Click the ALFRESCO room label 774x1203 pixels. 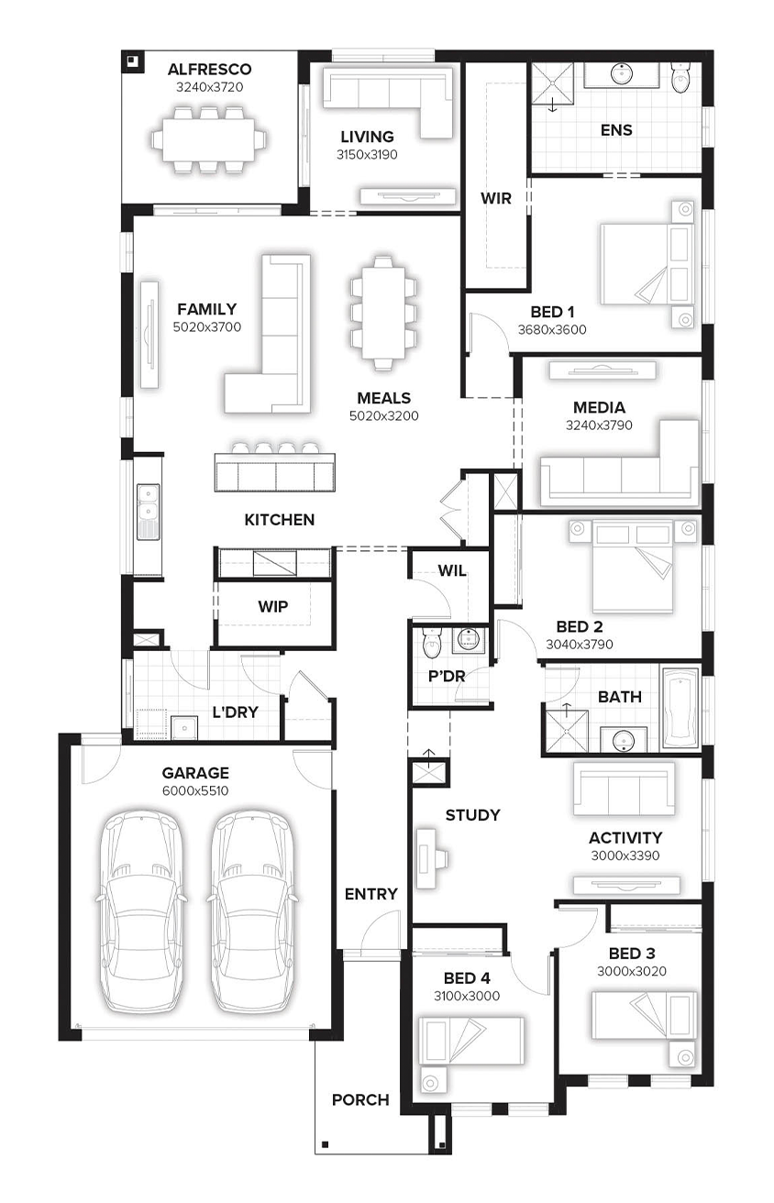point(209,70)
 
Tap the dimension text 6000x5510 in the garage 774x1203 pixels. point(195,790)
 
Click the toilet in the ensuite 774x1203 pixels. point(680,78)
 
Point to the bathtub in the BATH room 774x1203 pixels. point(680,709)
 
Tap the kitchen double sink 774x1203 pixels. point(149,512)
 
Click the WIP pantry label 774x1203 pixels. point(273,607)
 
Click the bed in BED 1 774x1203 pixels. point(647,264)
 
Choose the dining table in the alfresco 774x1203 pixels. point(209,139)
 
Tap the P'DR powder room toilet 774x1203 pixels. point(431,643)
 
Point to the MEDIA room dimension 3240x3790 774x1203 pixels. point(599,425)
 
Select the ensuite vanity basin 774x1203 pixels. point(622,74)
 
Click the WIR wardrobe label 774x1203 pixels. point(496,198)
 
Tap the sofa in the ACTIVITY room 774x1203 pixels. point(625,789)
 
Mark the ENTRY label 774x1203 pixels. point(371,894)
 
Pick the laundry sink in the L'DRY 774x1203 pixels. point(184,728)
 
